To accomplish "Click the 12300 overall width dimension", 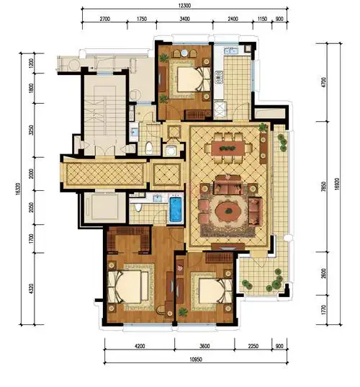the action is pos(184,6).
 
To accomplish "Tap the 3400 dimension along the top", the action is pos(185,19).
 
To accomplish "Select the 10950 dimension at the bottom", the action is pos(196,360).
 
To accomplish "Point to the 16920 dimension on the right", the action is pos(337,184).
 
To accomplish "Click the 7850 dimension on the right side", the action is pos(324,187).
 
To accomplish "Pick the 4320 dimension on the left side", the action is pos(31,288).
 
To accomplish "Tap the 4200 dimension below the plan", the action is pos(140,346).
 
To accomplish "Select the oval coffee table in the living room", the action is pos(228,211).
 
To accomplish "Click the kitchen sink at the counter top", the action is pos(231,51).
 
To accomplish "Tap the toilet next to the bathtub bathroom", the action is pos(138,207).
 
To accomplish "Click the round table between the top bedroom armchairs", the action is pos(185,53).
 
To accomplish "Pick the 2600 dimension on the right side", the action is pos(324,273).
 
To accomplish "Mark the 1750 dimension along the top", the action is pos(142,19).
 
